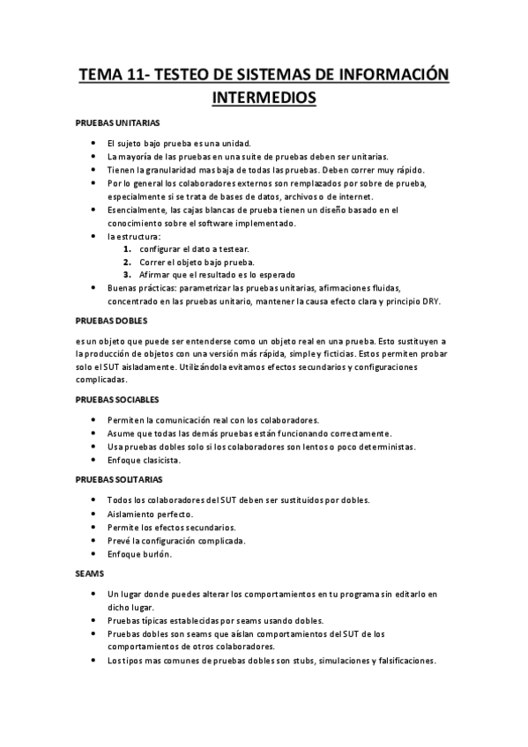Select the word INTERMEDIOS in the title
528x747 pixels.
[264, 96]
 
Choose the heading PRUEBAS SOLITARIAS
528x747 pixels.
[119, 479]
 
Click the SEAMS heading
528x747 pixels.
[90, 573]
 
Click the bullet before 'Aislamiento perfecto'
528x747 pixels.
[94, 514]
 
